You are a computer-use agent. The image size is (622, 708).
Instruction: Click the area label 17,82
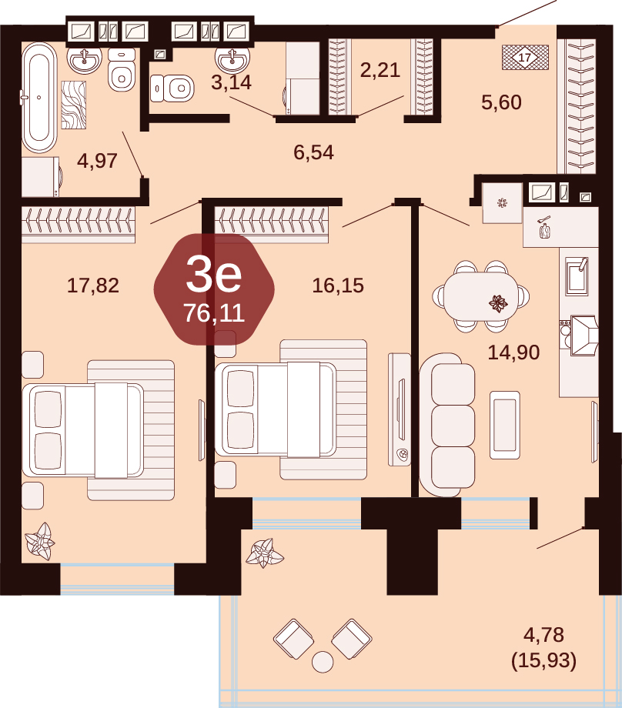coord(93,286)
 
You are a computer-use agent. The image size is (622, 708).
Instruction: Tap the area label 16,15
coord(338,286)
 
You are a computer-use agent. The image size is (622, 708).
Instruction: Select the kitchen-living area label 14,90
coord(513,352)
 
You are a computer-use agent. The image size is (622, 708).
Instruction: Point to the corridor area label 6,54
coord(313,152)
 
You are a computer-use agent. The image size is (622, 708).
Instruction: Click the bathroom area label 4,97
coord(97,161)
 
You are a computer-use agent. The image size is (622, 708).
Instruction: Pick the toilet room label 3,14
coord(231,82)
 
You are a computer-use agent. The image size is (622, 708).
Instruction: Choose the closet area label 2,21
coord(380,70)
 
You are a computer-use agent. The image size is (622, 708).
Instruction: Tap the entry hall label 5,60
coord(501,102)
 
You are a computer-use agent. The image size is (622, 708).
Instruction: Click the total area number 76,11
coord(214,313)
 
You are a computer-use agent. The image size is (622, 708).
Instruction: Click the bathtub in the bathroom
coord(39,97)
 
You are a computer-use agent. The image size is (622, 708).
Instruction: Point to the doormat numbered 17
coord(525,58)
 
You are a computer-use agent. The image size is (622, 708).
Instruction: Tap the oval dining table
coord(480,296)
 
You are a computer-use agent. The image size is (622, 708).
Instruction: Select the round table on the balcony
coord(323,662)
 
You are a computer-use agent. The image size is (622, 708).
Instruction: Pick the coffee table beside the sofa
coord(504,425)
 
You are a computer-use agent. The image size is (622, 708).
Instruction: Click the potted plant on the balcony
coord(264,553)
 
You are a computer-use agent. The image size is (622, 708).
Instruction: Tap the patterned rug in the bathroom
coord(74,105)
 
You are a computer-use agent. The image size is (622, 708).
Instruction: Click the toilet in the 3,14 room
coord(172,88)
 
